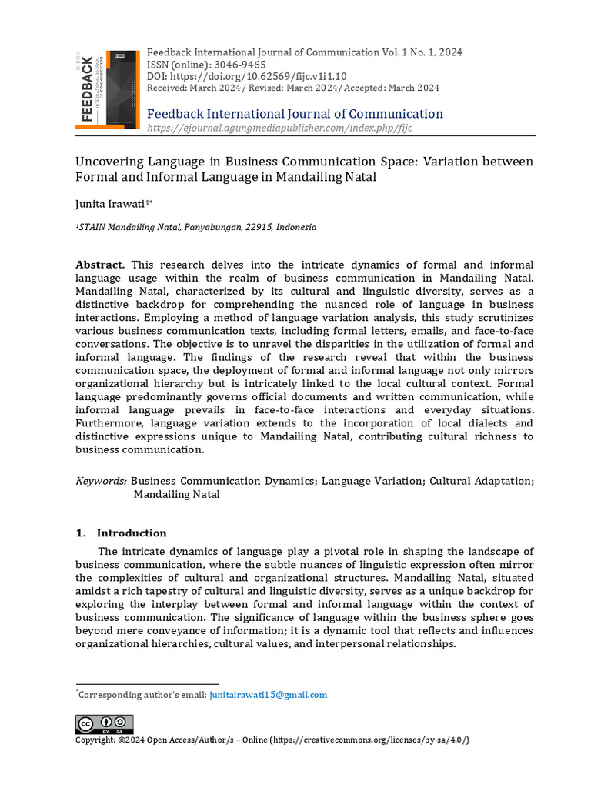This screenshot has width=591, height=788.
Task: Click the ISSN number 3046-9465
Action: point(241,65)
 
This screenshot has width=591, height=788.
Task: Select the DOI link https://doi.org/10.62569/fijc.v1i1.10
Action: point(258,76)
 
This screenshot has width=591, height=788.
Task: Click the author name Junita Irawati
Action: point(111,203)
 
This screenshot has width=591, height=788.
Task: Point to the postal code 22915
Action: point(259,228)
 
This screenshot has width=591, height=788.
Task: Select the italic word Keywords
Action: point(101,481)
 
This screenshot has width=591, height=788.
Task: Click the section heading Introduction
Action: point(131,533)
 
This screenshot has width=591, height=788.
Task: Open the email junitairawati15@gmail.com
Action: point(268,695)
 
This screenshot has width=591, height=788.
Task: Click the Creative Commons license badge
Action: point(104,724)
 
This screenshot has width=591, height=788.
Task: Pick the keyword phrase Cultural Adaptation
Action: point(480,481)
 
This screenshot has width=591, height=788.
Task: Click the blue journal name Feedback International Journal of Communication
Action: point(295,114)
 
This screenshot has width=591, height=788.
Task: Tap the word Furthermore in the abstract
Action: point(109,423)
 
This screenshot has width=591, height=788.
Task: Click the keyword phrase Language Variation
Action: point(372,481)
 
